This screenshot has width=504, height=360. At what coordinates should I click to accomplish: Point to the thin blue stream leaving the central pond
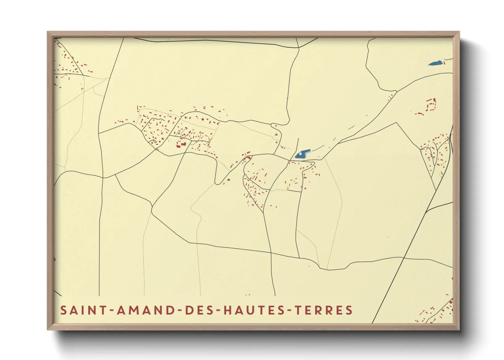click(x=318, y=148)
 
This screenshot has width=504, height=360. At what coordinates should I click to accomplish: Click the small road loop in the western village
click(x=153, y=142)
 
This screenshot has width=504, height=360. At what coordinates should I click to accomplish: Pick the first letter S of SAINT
click(x=63, y=310)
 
